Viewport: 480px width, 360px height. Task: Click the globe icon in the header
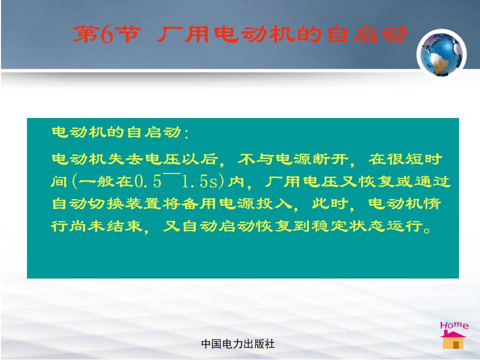(441, 54)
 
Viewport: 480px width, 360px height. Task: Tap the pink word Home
(454, 325)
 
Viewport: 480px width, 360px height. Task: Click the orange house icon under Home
(453, 340)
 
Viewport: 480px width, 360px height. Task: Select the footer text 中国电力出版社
(238, 344)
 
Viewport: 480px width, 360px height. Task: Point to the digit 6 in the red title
(107, 34)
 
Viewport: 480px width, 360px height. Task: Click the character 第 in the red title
(86, 33)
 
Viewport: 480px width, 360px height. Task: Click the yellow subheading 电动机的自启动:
(120, 132)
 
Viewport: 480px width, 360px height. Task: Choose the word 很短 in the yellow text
(405, 159)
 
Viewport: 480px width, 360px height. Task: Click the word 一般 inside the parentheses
(97, 182)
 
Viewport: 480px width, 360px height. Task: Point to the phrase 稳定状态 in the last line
(348, 226)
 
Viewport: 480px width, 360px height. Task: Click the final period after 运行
(427, 230)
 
